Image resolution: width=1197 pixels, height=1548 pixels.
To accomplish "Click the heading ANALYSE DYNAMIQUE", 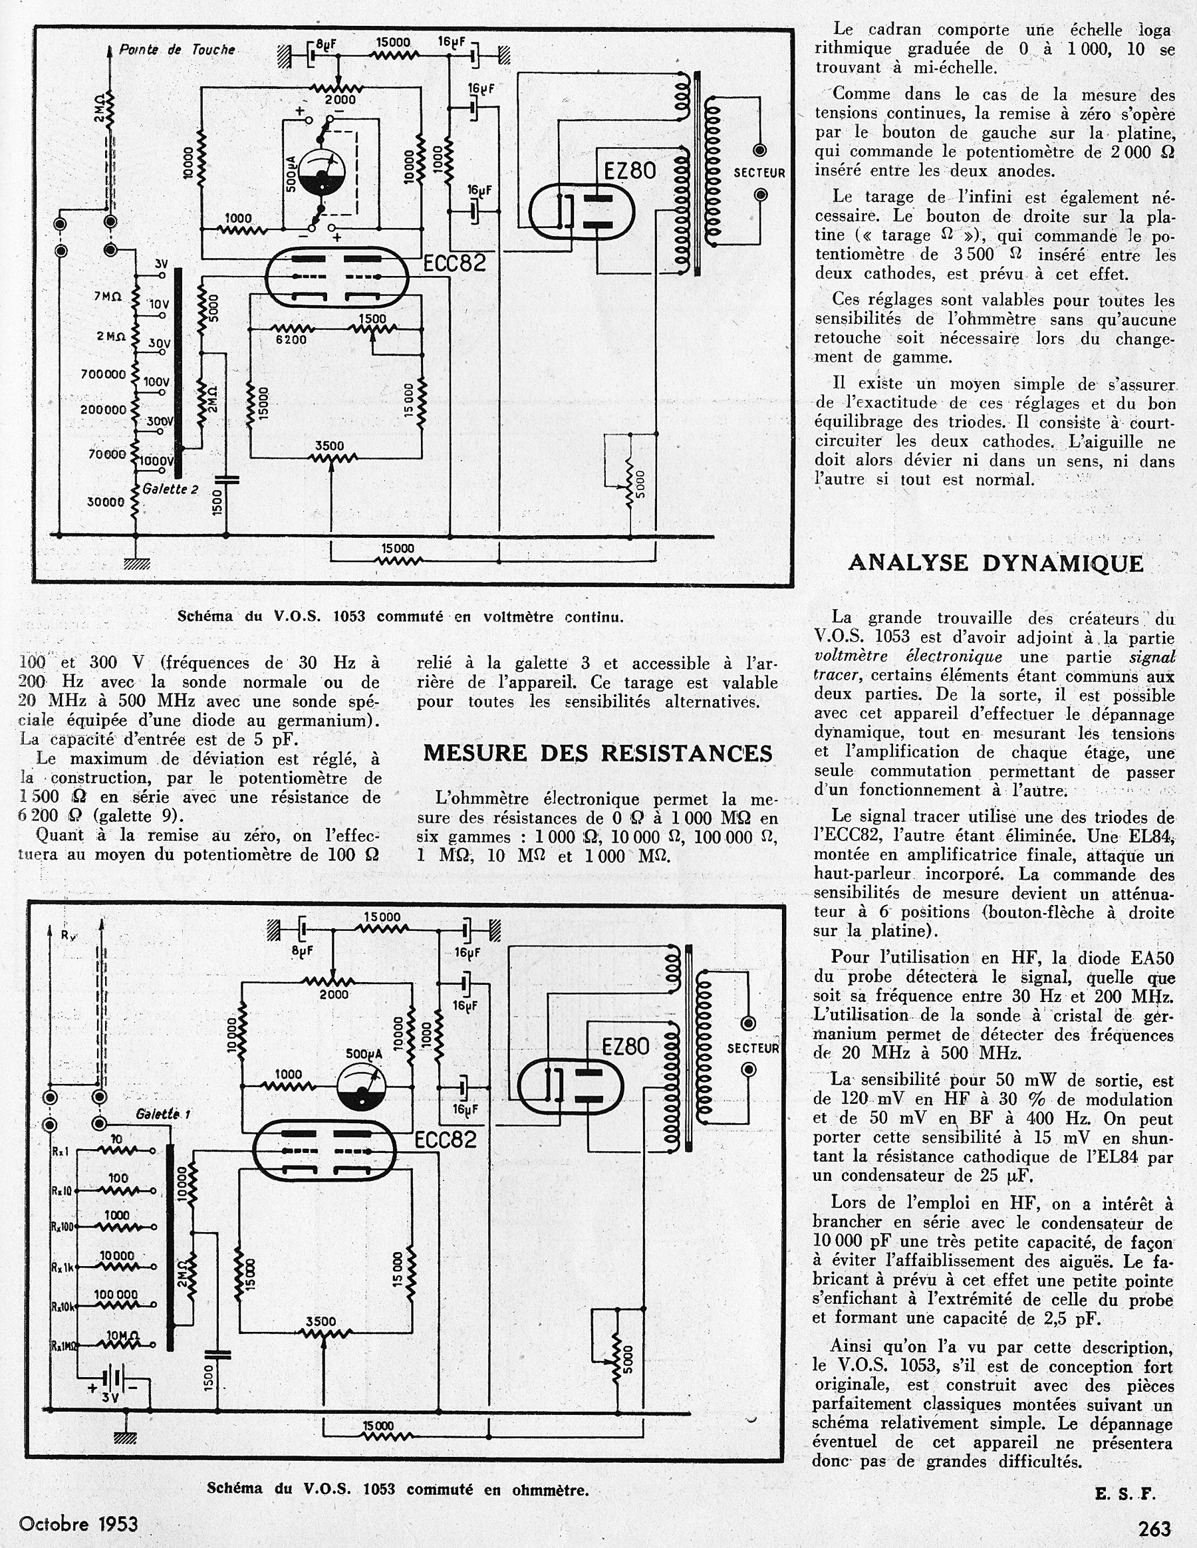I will click(x=995, y=563).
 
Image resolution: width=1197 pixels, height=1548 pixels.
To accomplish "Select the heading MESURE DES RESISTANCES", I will click(x=597, y=753).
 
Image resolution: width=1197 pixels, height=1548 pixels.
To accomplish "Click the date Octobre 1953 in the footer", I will click(x=78, y=1523).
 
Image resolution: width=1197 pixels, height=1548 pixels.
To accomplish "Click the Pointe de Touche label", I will click(x=176, y=50).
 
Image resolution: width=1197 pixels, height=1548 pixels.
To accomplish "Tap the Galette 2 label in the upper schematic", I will click(x=170, y=489).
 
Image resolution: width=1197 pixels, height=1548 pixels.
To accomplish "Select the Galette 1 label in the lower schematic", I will click(x=163, y=1114).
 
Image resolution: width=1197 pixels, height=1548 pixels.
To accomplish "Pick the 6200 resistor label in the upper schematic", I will click(x=291, y=340).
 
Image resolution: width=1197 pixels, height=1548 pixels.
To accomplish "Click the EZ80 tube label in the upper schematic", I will click(x=629, y=171).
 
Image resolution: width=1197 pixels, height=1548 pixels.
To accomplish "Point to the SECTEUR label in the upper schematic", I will click(x=759, y=173).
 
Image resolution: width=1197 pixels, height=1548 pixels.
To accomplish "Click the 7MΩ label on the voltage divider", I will click(x=108, y=297).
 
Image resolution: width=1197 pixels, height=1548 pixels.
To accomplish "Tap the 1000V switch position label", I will click(x=156, y=461).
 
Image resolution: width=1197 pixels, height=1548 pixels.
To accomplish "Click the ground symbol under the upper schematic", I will click(x=136, y=563).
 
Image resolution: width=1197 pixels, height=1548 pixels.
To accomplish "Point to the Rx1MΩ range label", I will click(x=64, y=1345).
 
